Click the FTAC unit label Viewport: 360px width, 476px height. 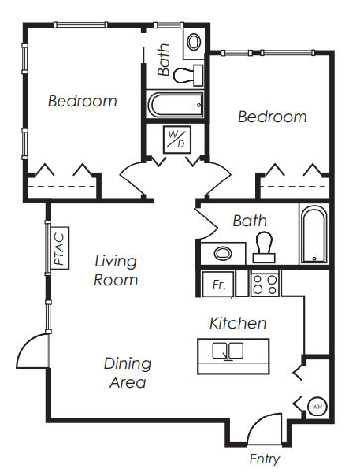click(60, 248)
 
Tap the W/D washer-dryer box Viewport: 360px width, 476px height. click(178, 139)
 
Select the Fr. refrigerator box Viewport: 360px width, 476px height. click(218, 284)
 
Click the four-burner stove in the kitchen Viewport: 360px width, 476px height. click(265, 284)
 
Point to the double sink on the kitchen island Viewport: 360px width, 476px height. click(228, 351)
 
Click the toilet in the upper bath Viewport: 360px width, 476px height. click(187, 75)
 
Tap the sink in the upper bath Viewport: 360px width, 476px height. click(194, 42)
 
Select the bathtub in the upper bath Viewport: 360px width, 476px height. click(175, 105)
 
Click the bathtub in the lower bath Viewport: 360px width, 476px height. click(314, 234)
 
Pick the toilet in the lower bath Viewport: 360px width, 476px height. click(264, 248)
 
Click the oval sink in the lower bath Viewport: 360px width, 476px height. click(223, 254)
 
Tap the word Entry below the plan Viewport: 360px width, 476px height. click(265, 459)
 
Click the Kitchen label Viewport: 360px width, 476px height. click(238, 323)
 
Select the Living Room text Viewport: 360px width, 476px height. click(116, 270)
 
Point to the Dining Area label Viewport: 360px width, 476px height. click(128, 373)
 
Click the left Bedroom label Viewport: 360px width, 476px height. click(82, 101)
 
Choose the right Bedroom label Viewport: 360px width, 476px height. click(273, 117)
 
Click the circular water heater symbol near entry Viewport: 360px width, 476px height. click(317, 406)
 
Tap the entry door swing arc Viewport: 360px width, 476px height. click(260, 421)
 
